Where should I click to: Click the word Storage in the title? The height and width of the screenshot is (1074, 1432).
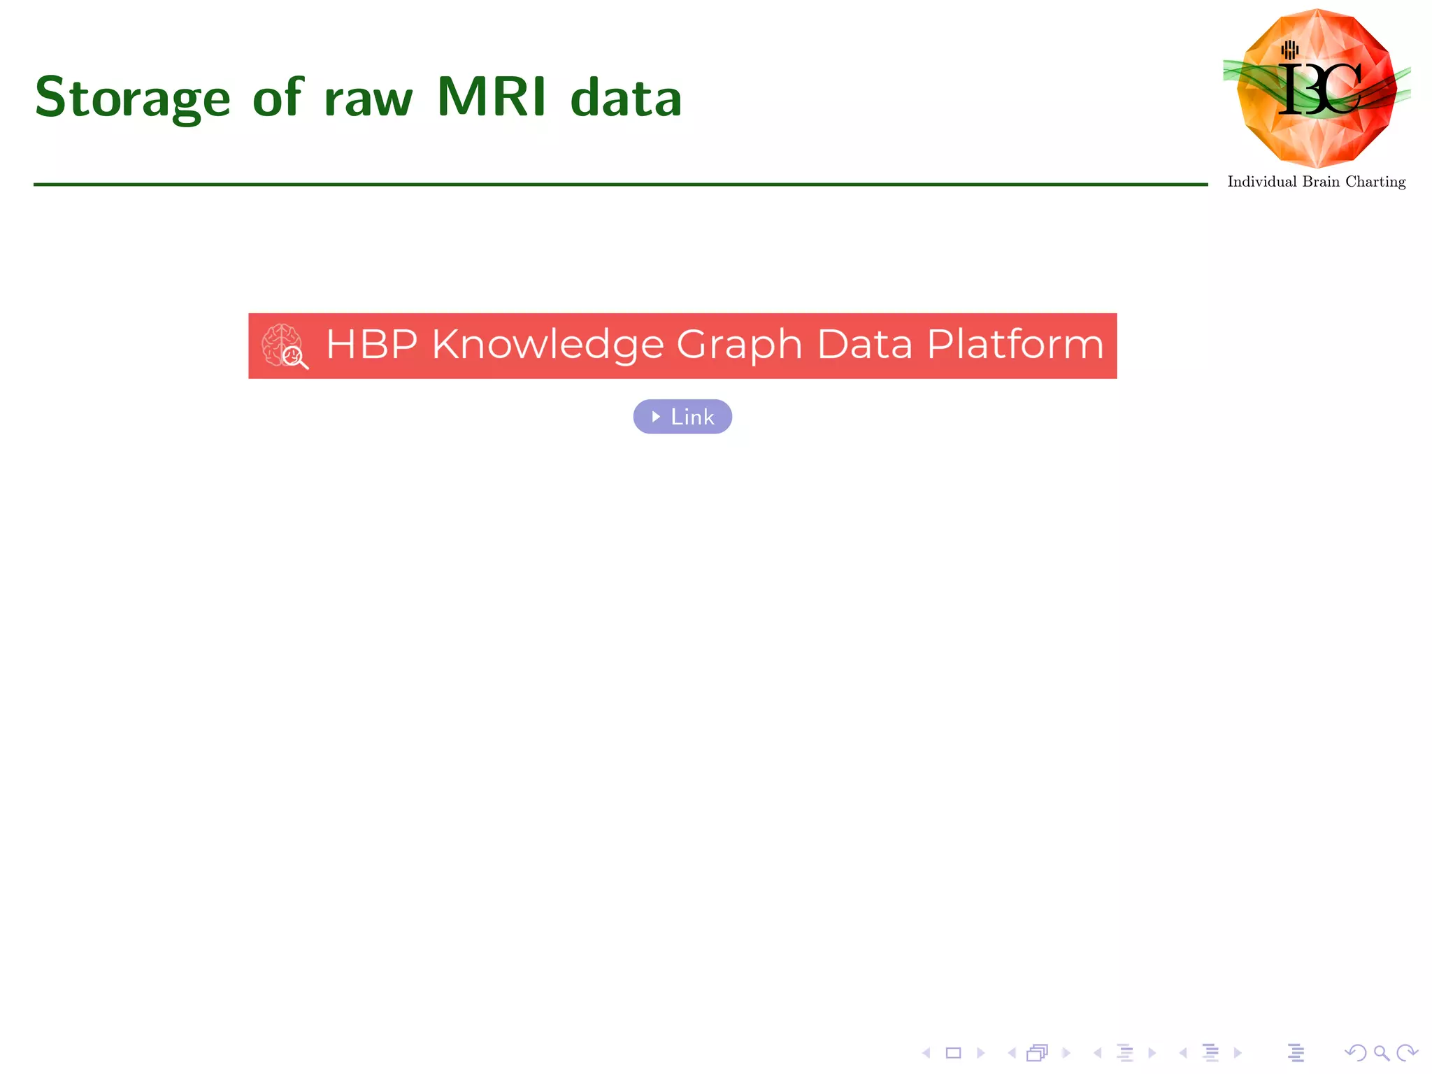pyautogui.click(x=132, y=98)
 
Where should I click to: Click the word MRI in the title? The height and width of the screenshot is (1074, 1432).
pyautogui.click(x=491, y=96)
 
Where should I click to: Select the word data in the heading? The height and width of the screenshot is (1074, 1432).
pyautogui.click(x=626, y=98)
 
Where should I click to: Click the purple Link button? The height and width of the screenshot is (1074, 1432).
pyautogui.click(x=682, y=417)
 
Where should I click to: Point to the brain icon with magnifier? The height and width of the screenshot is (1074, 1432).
pyautogui.click(x=284, y=345)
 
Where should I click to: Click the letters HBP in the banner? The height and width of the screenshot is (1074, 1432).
pyautogui.click(x=371, y=344)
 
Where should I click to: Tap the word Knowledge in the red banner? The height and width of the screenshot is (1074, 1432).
pyautogui.click(x=547, y=345)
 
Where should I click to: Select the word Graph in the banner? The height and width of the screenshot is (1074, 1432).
pyautogui.click(x=739, y=345)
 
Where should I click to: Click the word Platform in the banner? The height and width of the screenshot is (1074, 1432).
pyautogui.click(x=1015, y=344)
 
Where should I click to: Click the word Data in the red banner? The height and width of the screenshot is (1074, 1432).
pyautogui.click(x=864, y=344)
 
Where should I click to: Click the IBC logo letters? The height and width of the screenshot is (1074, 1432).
pyautogui.click(x=1319, y=89)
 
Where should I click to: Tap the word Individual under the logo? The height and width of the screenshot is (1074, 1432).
pyautogui.click(x=1262, y=182)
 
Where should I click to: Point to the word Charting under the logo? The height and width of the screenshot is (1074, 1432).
pyautogui.click(x=1375, y=182)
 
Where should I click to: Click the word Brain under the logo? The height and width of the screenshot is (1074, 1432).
pyautogui.click(x=1321, y=182)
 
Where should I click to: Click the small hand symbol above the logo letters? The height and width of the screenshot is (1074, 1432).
pyautogui.click(x=1290, y=50)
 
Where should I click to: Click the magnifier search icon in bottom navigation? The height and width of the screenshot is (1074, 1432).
pyautogui.click(x=1381, y=1052)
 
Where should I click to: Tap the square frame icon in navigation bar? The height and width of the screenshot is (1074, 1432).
pyautogui.click(x=953, y=1052)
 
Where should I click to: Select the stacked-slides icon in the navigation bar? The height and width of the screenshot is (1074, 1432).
pyautogui.click(x=1037, y=1052)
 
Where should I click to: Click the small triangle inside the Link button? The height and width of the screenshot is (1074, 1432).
pyautogui.click(x=656, y=417)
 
